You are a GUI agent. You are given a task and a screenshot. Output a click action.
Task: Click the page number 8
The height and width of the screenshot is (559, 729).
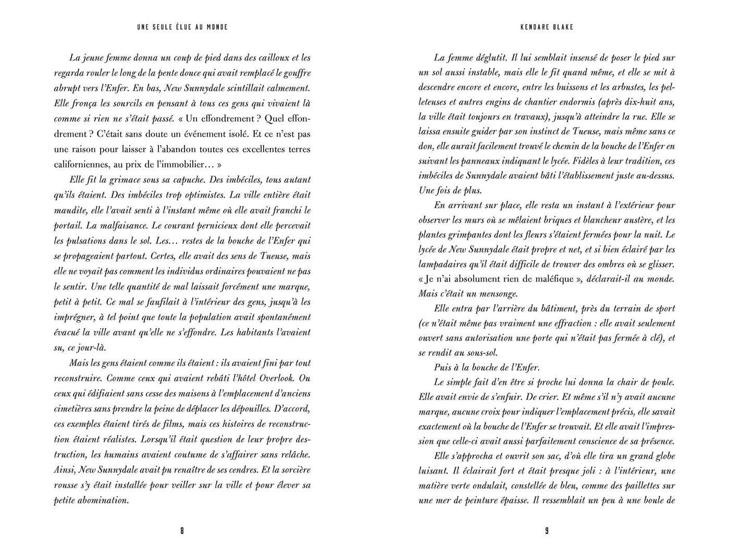[182, 531]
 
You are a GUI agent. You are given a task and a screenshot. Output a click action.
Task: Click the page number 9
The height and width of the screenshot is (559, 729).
[547, 531]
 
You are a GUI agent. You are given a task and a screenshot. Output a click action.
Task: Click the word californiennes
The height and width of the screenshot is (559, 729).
[84, 164]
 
